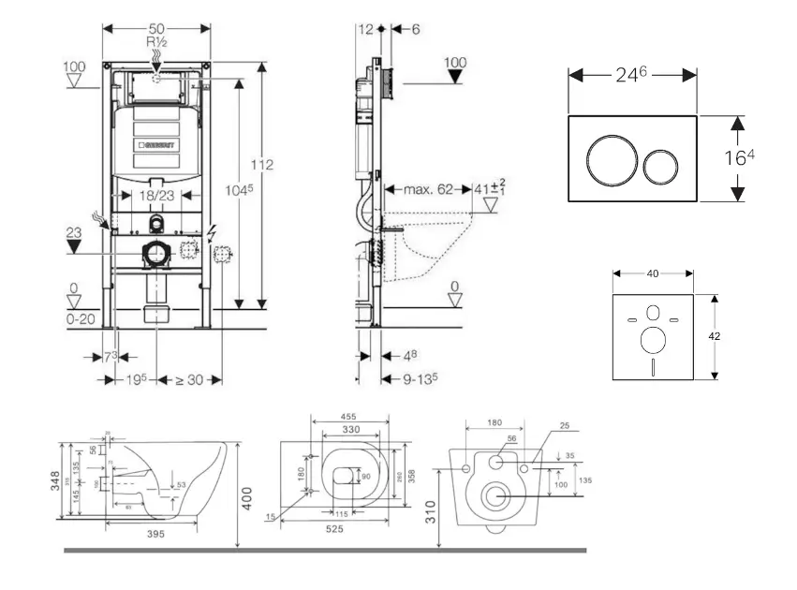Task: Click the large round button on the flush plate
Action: tap(608, 159)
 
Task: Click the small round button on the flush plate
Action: tap(661, 166)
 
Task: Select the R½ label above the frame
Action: tap(156, 43)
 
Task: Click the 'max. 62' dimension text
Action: tap(427, 189)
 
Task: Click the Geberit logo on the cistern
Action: tap(159, 145)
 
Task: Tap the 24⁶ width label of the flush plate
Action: tap(631, 75)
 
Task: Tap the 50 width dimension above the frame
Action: tap(156, 28)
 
